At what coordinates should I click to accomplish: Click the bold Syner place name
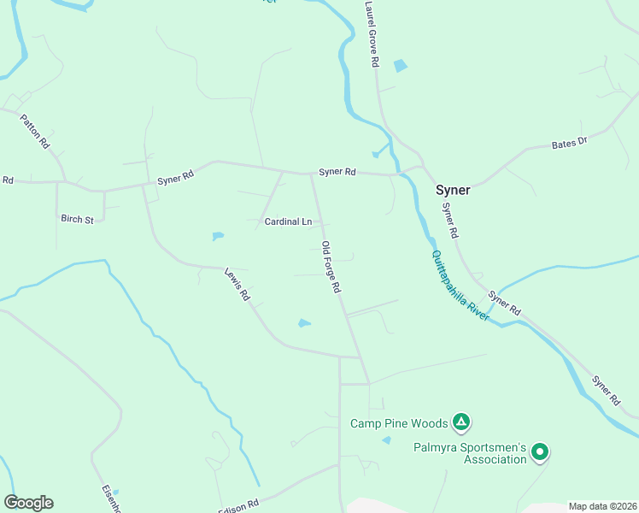453,190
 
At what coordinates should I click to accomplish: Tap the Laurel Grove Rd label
370,34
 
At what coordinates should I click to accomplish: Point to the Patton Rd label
35,128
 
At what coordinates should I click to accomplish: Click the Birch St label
77,219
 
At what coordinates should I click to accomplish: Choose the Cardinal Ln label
288,221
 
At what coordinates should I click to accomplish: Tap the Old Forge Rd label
331,268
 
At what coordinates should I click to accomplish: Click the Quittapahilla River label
460,285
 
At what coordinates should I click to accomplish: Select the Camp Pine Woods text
399,422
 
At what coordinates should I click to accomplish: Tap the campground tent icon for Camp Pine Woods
460,421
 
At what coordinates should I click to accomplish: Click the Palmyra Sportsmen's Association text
470,452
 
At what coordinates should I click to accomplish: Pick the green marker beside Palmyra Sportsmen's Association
539,451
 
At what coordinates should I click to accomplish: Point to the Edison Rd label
238,505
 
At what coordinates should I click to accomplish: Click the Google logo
28,503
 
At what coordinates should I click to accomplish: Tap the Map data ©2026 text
601,506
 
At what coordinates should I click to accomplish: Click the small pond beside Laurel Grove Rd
400,65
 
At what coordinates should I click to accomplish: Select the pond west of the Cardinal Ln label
218,235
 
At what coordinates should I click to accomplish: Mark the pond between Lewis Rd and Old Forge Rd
304,322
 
